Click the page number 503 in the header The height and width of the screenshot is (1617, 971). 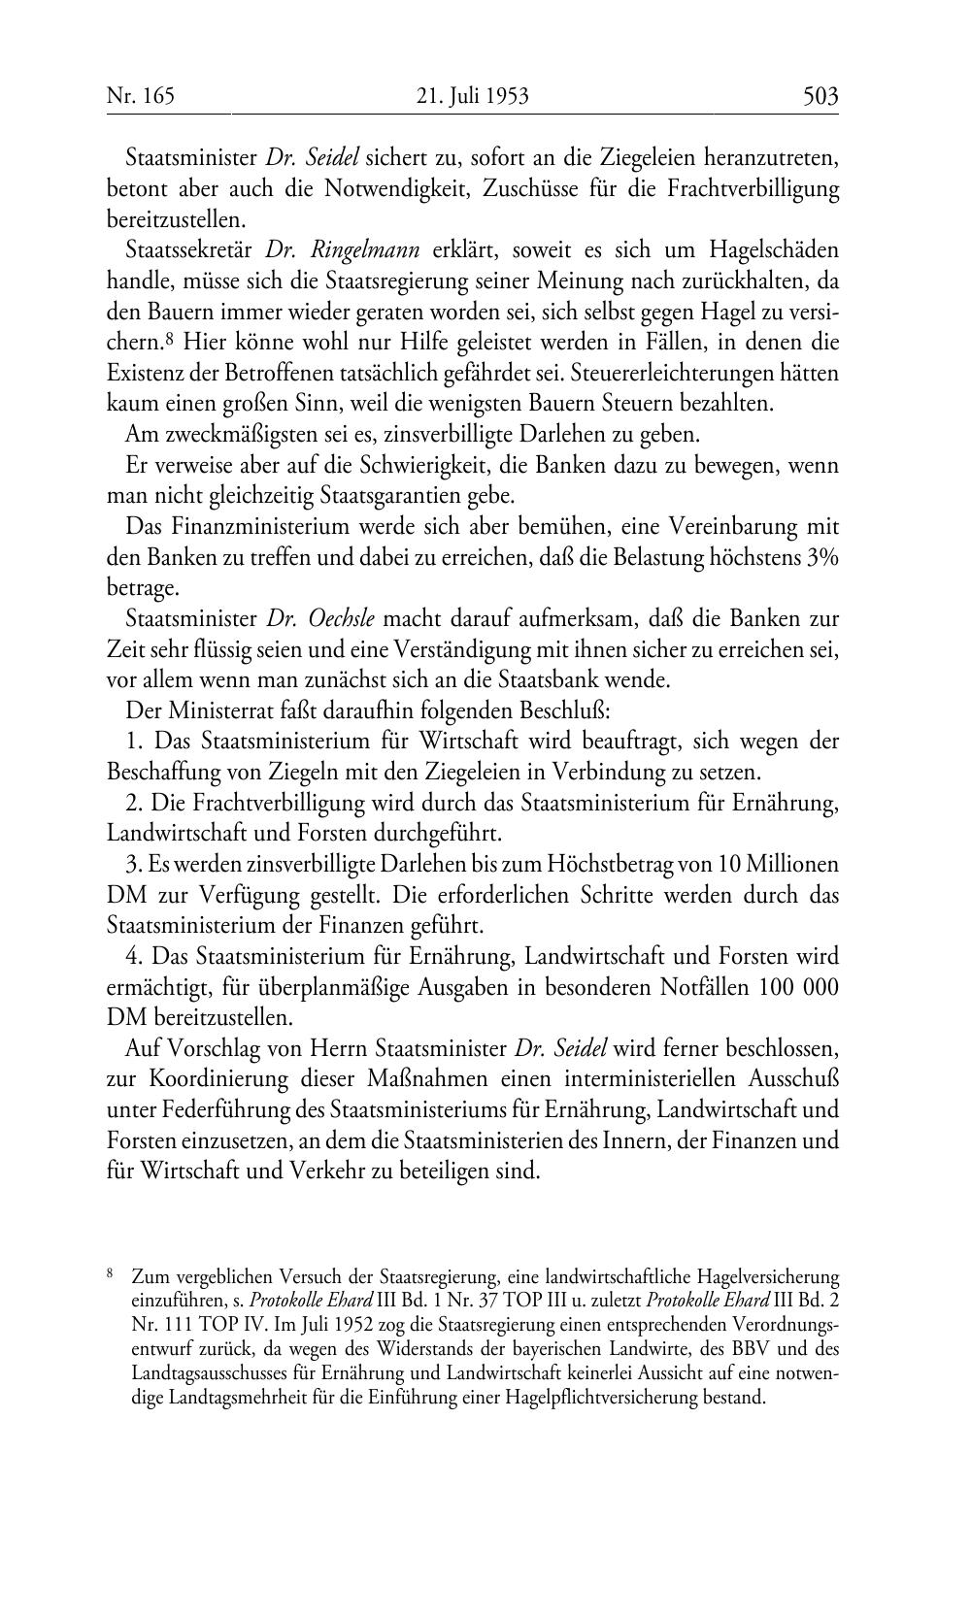point(820,96)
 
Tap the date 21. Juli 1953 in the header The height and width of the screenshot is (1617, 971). point(472,96)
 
